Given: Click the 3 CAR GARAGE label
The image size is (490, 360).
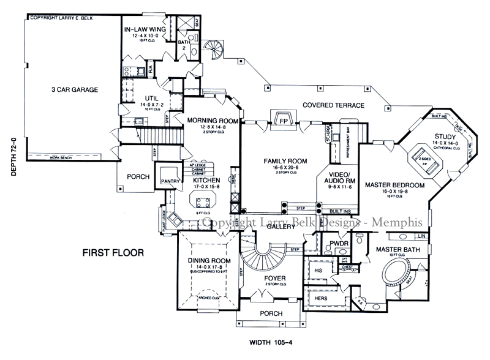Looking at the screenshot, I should tap(75, 90).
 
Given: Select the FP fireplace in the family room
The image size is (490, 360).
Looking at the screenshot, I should tap(284, 120).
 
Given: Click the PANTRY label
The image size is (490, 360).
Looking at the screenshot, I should tap(168, 181).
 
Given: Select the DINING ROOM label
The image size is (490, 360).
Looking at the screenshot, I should tap(209, 260).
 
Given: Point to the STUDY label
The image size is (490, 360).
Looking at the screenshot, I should tap(445, 136).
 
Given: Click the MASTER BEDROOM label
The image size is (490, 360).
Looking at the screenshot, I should tap(395, 184).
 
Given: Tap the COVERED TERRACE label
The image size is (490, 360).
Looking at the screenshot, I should tap(333, 105).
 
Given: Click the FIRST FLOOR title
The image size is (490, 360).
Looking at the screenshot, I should tap(113, 252).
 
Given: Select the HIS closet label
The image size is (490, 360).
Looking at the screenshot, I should tap(317, 269).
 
